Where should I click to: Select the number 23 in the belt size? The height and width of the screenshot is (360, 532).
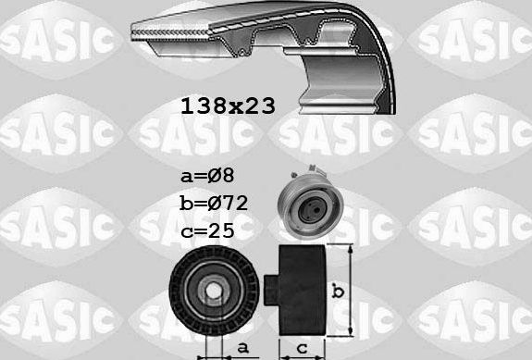click(x=259, y=106)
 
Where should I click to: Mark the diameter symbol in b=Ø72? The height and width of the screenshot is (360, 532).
click(x=215, y=201)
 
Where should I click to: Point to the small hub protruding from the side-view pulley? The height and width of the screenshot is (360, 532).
click(x=271, y=290)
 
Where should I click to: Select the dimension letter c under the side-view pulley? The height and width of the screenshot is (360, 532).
click(x=301, y=349)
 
